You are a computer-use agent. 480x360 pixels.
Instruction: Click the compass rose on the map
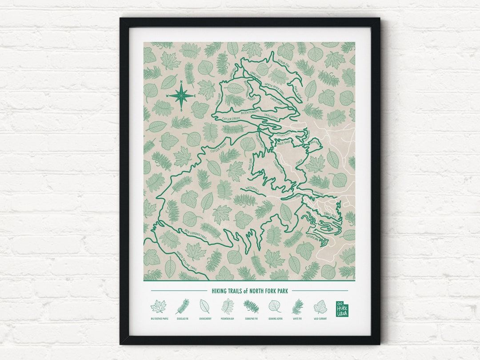180,95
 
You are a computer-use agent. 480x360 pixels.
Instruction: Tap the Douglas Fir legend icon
182,306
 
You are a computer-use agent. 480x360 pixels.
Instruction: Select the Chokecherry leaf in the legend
205,306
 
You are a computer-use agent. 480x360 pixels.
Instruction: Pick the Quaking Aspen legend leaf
274,306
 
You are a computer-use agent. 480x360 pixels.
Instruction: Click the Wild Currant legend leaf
320,306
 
